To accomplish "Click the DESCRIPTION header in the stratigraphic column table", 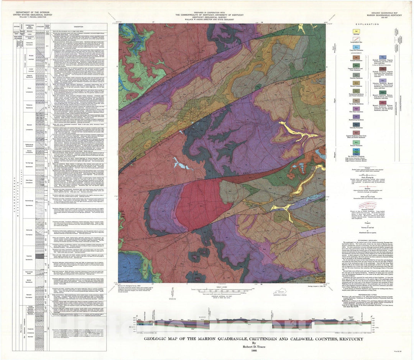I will click(77, 26).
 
